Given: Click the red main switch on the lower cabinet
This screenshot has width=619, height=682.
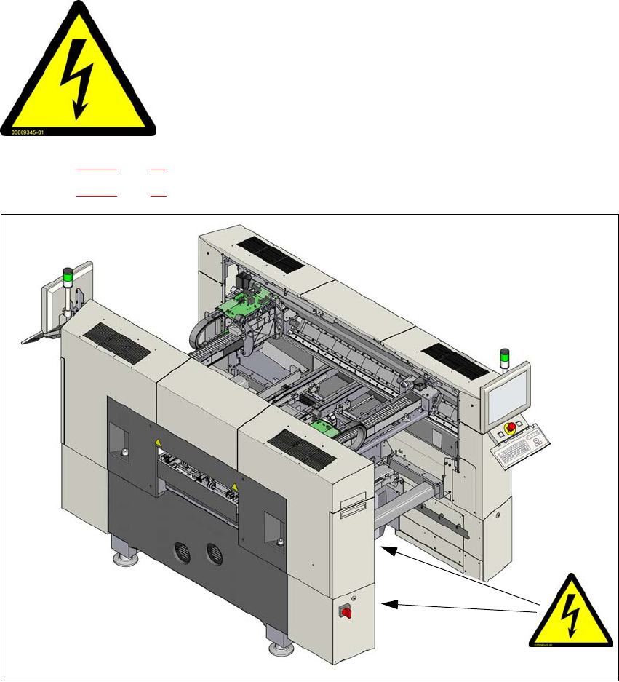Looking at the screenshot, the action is coord(346,612).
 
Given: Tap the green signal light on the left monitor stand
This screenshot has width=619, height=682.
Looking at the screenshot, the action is coord(68,276).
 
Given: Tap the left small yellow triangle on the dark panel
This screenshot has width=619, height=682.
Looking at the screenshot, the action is coord(157,442).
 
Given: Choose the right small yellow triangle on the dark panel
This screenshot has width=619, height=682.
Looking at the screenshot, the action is coord(233,485).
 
